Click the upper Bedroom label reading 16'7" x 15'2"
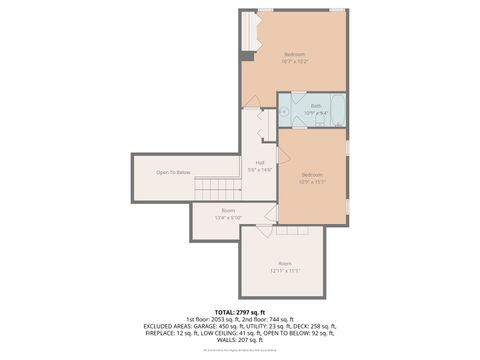tap(294, 57)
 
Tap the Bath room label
tap(316, 107)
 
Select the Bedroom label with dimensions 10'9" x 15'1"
tap(313, 178)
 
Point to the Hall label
tap(260, 166)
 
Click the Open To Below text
tap(173, 173)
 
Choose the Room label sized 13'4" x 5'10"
tap(228, 213)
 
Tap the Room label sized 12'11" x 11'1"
tap(285, 266)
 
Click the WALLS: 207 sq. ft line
tap(240, 340)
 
